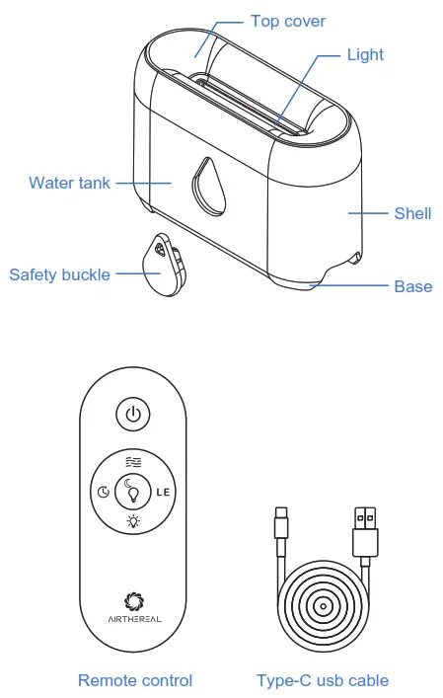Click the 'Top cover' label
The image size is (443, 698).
coord(287,21)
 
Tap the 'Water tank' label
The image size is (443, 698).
coord(69,183)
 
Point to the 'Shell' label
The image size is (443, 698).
coord(412,213)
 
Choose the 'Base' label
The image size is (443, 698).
coord(412,286)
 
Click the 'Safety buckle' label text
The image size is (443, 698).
coord(59,274)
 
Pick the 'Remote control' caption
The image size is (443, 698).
coord(135,680)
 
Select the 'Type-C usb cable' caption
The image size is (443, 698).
coord(323,680)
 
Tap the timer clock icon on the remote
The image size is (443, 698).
coord(104,491)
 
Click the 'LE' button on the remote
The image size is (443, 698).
coord(164,491)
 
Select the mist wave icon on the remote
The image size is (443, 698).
coord(134,460)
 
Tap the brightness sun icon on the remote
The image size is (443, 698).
coord(134,520)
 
